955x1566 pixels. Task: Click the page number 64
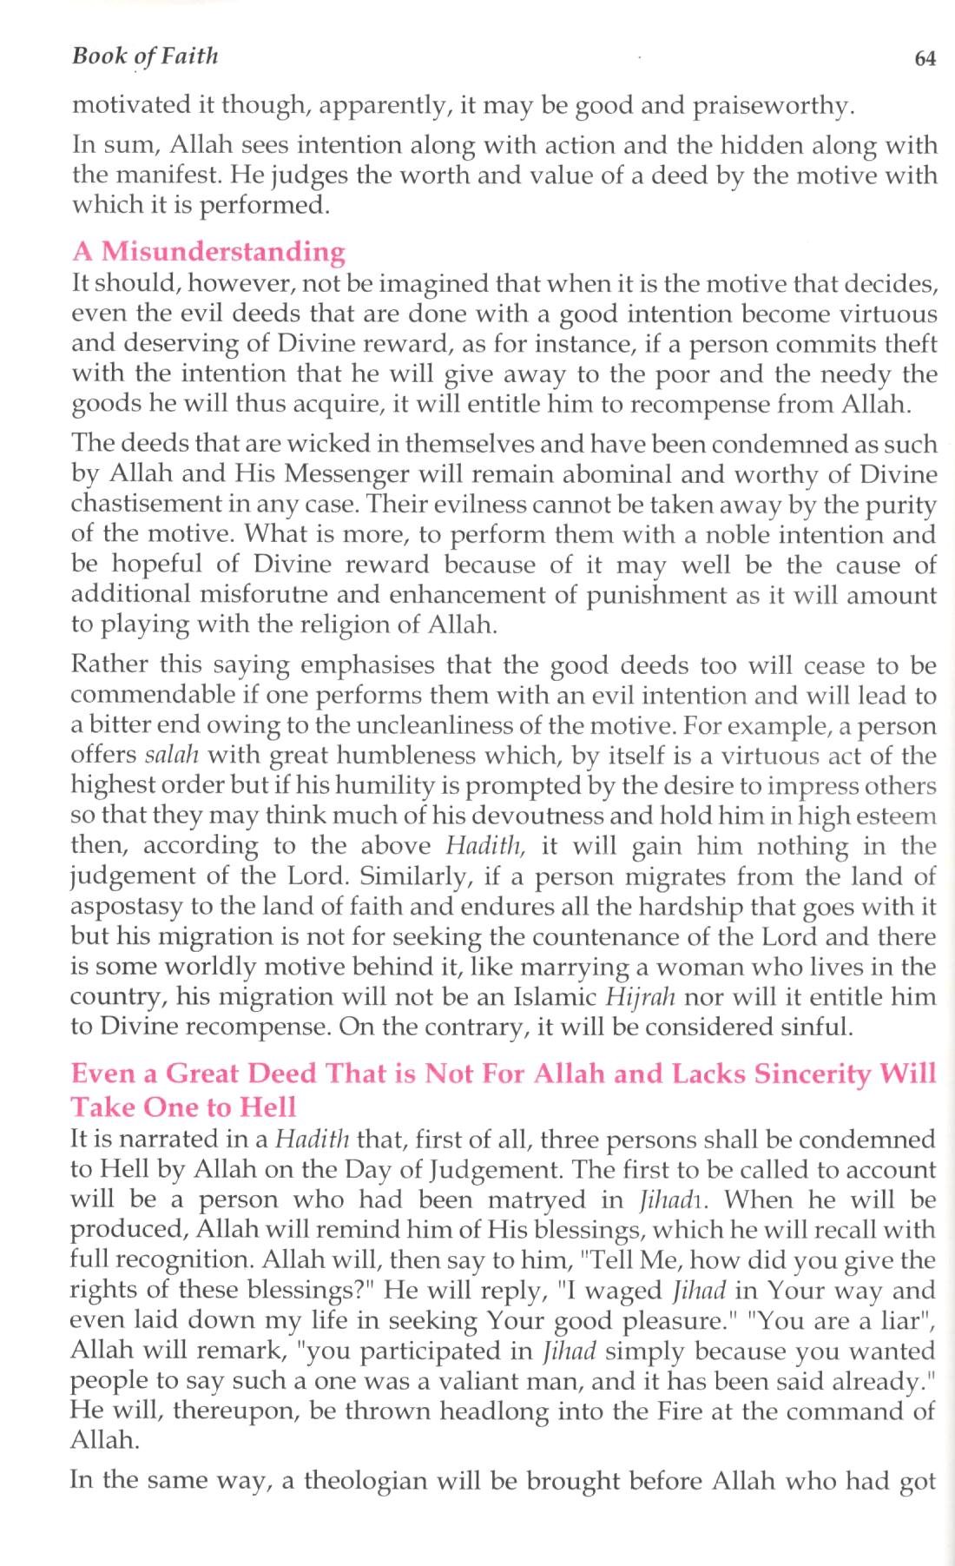(925, 59)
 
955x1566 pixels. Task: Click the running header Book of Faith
(145, 57)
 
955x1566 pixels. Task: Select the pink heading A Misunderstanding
(208, 252)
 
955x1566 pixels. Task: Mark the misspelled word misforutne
(275, 595)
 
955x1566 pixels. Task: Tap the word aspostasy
(127, 907)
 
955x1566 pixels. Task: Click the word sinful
(811, 1027)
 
